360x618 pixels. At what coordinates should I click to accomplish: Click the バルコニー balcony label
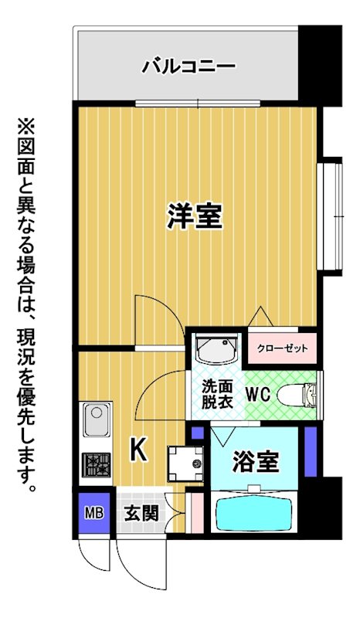coord(188,66)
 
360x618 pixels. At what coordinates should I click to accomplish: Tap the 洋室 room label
coord(195,216)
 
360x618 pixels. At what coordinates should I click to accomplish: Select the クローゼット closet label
coord(282,348)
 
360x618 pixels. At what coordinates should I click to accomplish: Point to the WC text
coord(258,394)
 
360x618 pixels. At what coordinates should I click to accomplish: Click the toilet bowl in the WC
coord(297,395)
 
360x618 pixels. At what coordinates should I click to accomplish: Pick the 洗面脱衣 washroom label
coord(218,394)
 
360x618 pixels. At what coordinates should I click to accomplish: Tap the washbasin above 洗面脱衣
coord(218,348)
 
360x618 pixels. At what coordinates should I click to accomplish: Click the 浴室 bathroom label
coord(256,461)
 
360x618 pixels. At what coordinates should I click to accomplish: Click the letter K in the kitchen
coord(139,450)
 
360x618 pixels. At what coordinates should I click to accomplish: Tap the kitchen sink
coord(97,419)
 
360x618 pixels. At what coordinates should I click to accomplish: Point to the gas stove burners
coord(96,464)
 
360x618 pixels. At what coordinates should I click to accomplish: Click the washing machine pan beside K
coord(185,463)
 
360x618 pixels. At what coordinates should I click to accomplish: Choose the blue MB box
coord(94,513)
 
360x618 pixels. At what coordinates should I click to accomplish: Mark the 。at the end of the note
coord(32,488)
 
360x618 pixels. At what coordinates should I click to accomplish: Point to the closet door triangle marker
coord(260,316)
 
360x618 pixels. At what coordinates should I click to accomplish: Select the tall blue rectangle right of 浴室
coord(311,451)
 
